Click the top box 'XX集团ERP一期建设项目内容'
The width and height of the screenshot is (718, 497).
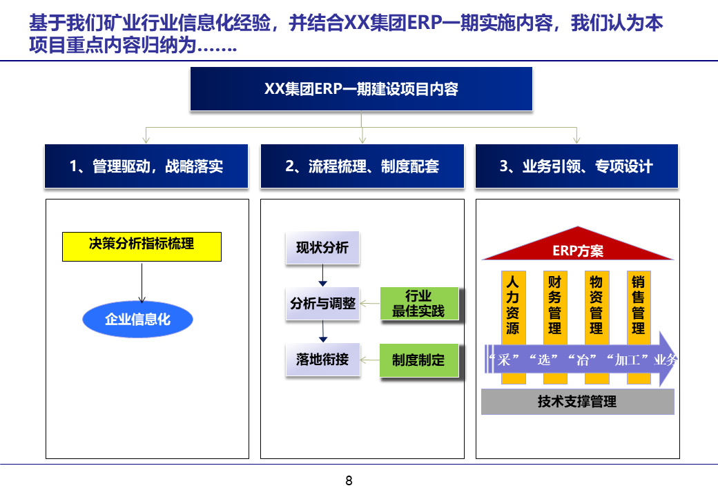361,89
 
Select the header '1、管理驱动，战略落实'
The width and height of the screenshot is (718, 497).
146,166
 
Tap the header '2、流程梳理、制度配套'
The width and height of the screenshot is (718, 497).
362,166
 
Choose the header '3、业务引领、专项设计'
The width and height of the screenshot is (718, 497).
576,166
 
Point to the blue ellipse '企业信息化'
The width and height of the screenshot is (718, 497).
137,320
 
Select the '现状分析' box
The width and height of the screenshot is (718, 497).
322,248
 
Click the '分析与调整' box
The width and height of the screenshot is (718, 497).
322,304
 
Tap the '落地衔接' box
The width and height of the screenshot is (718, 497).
322,359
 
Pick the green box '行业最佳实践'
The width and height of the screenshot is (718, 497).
419,304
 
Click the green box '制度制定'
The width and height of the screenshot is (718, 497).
419,360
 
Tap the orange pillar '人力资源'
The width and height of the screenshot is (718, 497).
512,304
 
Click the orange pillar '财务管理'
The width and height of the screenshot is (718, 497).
554,304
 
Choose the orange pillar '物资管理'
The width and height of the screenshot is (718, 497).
596,304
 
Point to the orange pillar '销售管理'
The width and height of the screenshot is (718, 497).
639,304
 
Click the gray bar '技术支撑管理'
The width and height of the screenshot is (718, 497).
577,402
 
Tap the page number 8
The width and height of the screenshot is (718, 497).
349,481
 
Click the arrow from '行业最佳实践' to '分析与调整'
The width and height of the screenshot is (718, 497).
371,304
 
